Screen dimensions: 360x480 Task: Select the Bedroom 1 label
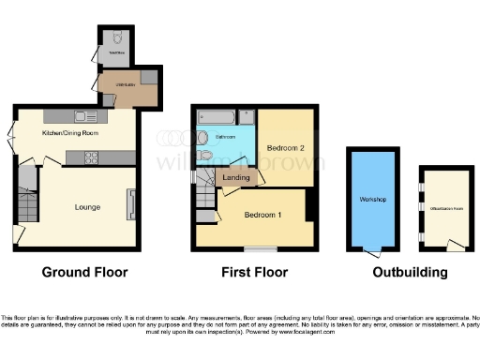pos(262,214)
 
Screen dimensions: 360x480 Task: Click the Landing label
pos(235,178)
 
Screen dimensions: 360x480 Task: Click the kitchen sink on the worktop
pos(85,117)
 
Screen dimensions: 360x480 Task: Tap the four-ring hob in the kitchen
pos(97,158)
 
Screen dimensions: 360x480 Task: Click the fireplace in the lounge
pos(131,203)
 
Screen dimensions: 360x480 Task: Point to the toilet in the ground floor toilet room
pos(115,42)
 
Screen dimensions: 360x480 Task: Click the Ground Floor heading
pos(84,273)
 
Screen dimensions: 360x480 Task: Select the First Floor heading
pos(253,273)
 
